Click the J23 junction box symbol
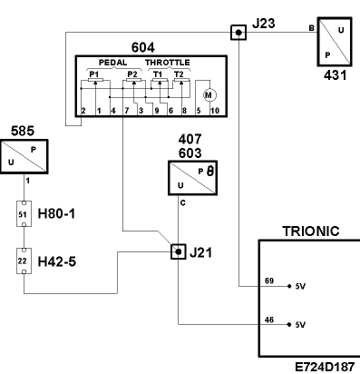pyautogui.click(x=238, y=33)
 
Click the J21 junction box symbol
pyautogui.click(x=179, y=251)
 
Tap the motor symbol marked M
pyautogui.click(x=209, y=95)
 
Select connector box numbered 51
pyautogui.click(x=24, y=214)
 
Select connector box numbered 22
pyautogui.click(x=24, y=261)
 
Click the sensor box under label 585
pyautogui.click(x=24, y=156)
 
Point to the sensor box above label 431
pyautogui.click(x=335, y=42)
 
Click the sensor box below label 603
pyautogui.click(x=192, y=178)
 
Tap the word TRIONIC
pyautogui.click(x=311, y=231)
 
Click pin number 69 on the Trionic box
pyautogui.click(x=269, y=280)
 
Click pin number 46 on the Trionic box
pyautogui.click(x=269, y=320)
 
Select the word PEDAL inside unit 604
pyautogui.click(x=112, y=63)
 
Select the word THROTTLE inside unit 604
pyautogui.click(x=168, y=63)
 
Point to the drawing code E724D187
pyautogui.click(x=325, y=367)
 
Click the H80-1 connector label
pyautogui.click(x=56, y=214)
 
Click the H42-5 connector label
pyautogui.click(x=56, y=261)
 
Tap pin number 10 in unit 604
pyautogui.click(x=215, y=111)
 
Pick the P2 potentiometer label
pyautogui.click(x=132, y=74)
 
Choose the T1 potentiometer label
pyautogui.click(x=158, y=74)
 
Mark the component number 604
pyautogui.click(x=143, y=47)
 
